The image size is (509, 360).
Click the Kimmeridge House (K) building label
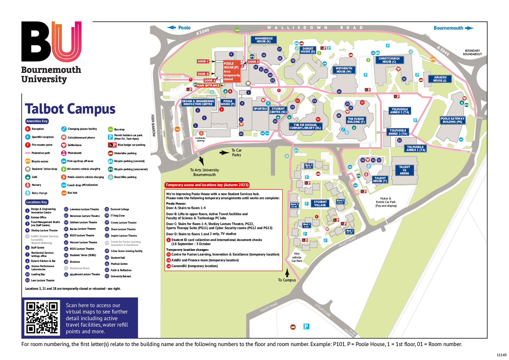(264, 40)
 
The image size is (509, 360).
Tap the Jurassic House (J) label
(440, 79)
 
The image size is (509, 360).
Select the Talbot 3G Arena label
(404, 170)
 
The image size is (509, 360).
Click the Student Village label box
(320, 204)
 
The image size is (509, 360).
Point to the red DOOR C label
(203, 61)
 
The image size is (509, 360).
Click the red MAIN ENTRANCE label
(208, 85)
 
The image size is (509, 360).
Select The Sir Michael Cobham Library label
(305, 126)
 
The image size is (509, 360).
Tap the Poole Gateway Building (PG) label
(452, 120)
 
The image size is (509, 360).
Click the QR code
(42, 318)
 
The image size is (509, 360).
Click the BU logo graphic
(51, 42)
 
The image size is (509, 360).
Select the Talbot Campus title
(70, 109)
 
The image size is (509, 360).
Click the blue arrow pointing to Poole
(172, 28)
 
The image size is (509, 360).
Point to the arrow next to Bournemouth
(469, 28)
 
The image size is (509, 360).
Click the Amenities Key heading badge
(37, 121)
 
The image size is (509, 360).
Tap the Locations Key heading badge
(37, 202)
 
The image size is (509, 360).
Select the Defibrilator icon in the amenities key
(64, 145)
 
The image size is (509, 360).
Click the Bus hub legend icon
(64, 193)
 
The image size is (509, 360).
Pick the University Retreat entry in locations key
(120, 276)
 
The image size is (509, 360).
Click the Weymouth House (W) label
(344, 70)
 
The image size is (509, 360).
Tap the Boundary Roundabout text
(472, 52)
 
